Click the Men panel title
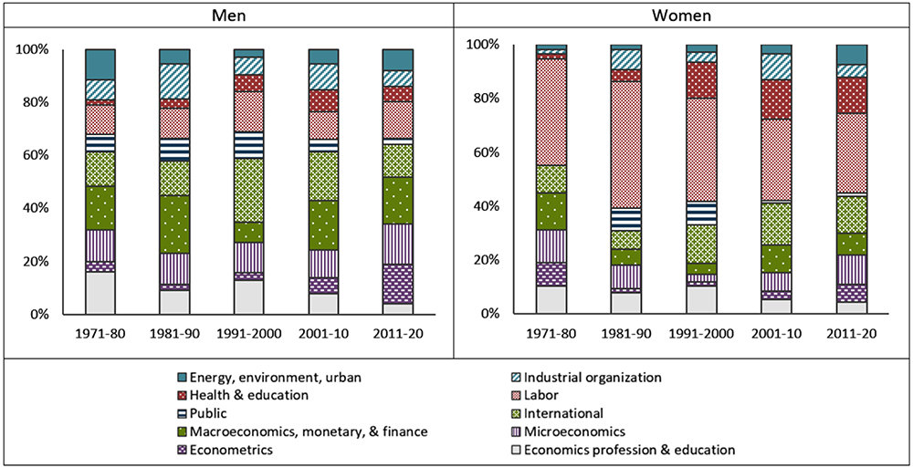227,16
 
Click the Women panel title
683,16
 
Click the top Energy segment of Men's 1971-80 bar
100,64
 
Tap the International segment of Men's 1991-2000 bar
248,191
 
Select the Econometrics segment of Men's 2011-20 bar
397,284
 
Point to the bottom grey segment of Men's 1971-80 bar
100,293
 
